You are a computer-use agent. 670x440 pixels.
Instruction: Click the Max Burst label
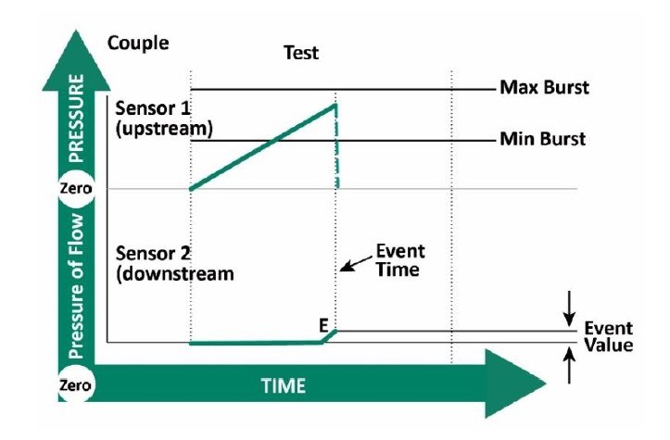pos(544,89)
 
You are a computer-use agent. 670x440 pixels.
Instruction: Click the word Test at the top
pos(300,53)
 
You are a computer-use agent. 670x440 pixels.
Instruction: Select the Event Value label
pos(608,337)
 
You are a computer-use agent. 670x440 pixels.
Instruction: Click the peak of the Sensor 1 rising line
pos(335,104)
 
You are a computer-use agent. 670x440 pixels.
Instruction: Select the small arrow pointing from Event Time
pos(348,266)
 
